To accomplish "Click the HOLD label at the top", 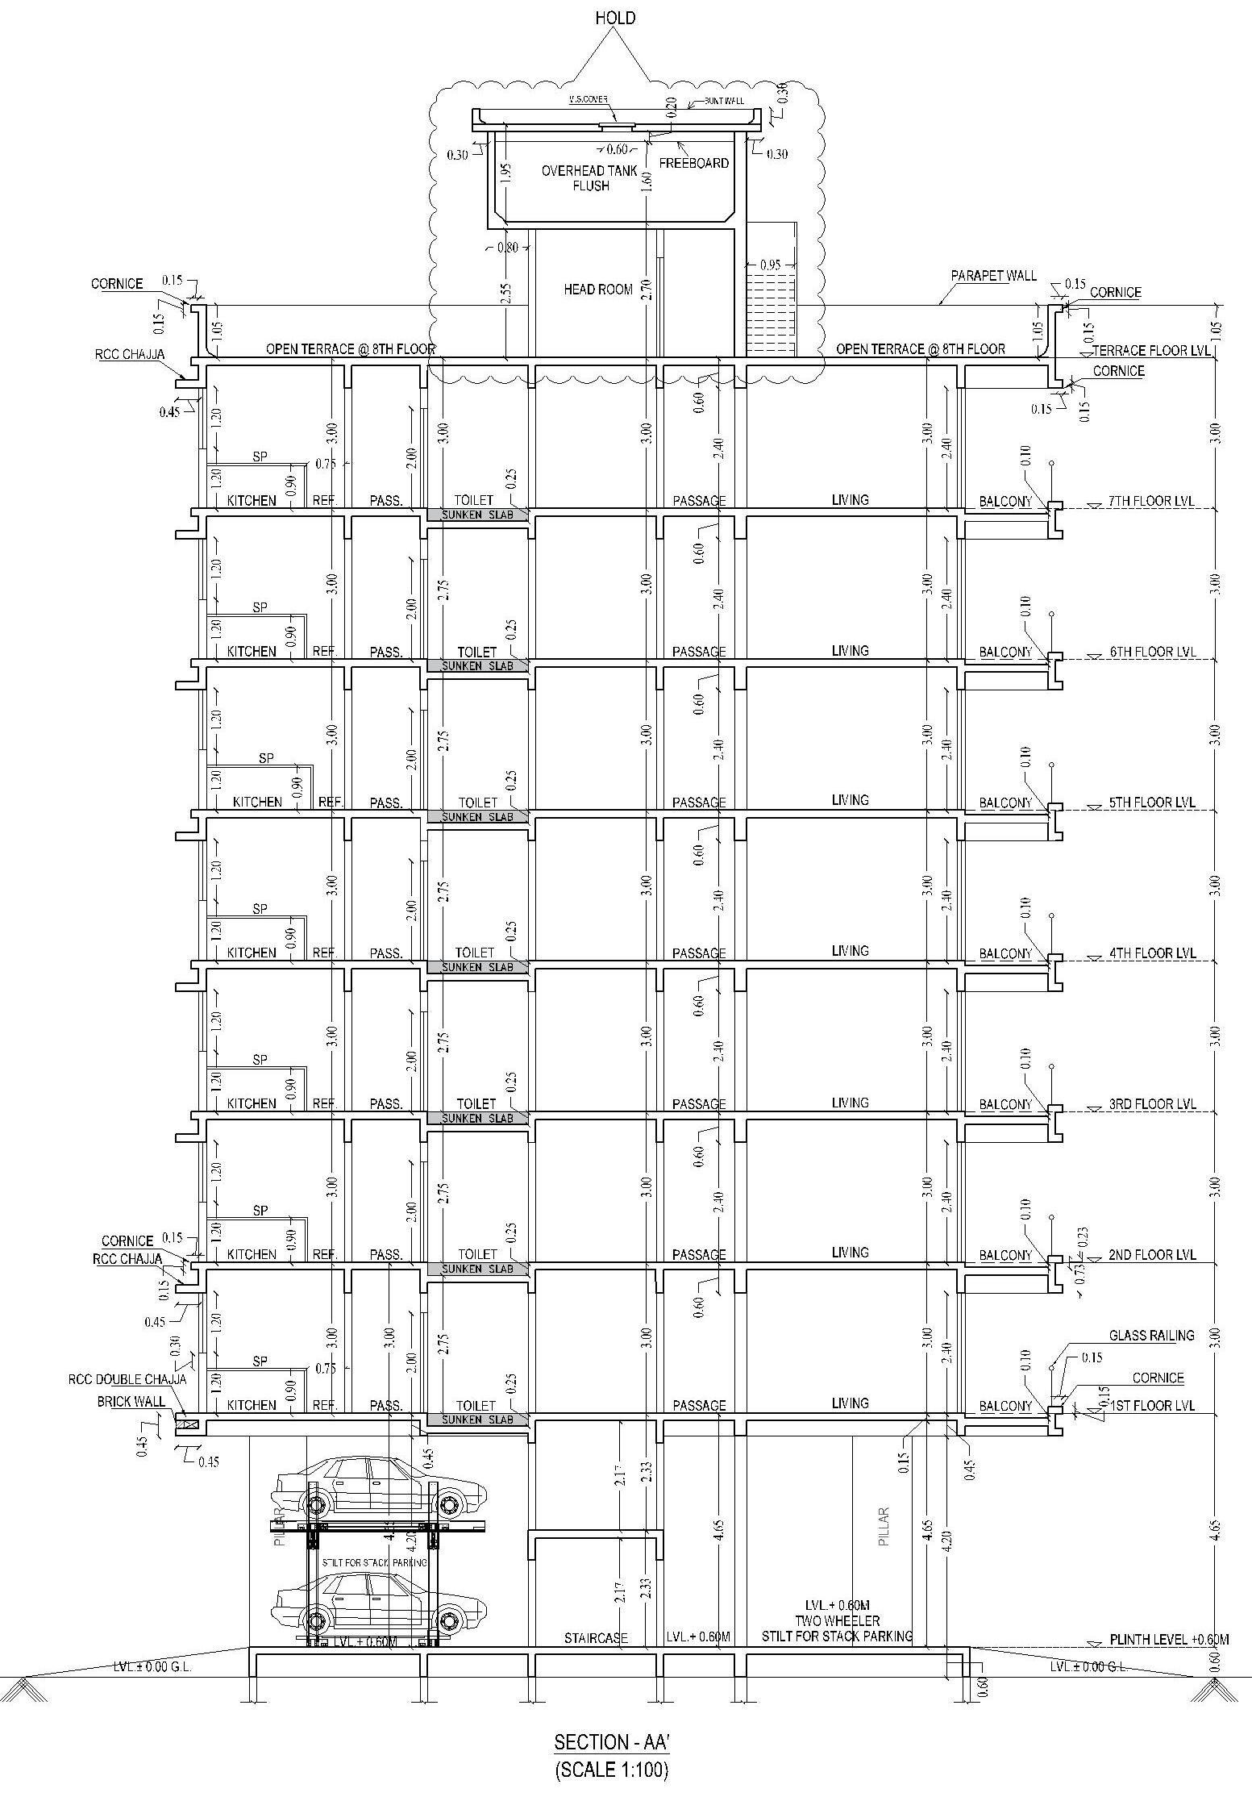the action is pyautogui.click(x=615, y=18).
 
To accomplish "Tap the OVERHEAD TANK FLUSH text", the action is pyautogui.click(x=590, y=178).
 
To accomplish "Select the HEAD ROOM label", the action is pyautogui.click(x=597, y=289).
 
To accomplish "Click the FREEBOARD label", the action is pyautogui.click(x=693, y=163).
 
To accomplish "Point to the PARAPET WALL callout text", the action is pyautogui.click(x=993, y=276).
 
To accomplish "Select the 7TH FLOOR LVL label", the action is pyautogui.click(x=1152, y=501).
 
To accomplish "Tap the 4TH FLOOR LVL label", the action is pyautogui.click(x=1152, y=953).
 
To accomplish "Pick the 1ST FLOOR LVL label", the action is pyautogui.click(x=1152, y=1405).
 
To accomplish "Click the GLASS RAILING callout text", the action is pyautogui.click(x=1151, y=1336).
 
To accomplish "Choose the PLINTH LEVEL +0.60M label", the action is pyautogui.click(x=1169, y=1640).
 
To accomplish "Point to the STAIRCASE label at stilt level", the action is pyautogui.click(x=596, y=1638).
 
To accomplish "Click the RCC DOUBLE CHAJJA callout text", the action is pyautogui.click(x=127, y=1379).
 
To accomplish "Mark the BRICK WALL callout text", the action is pyautogui.click(x=131, y=1402).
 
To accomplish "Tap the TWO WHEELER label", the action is pyautogui.click(x=838, y=1620).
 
